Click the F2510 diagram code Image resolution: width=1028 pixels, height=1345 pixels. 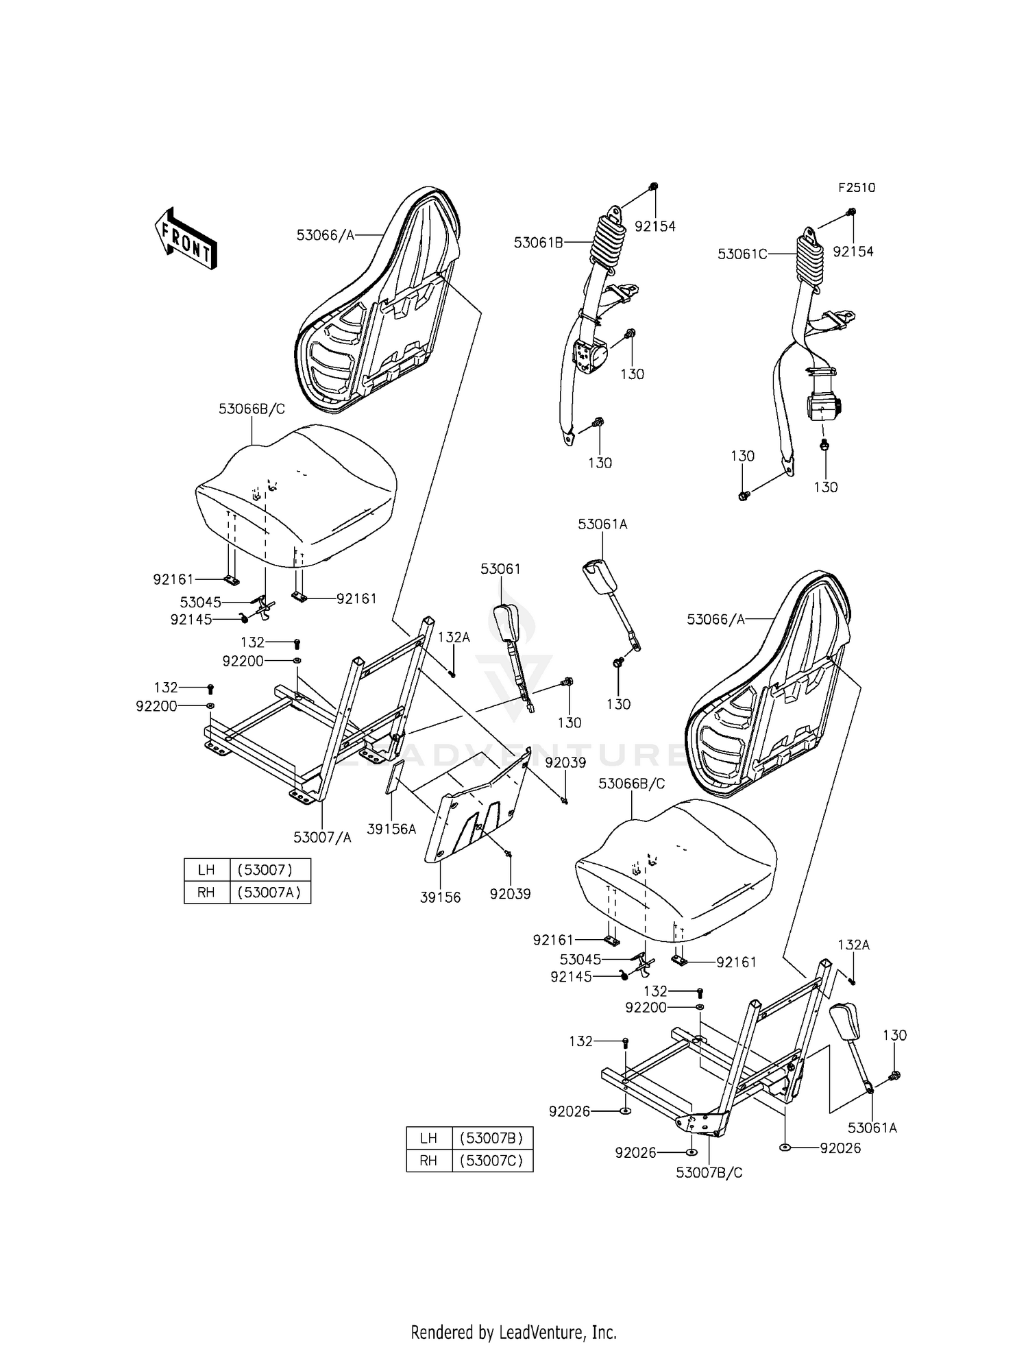point(856,188)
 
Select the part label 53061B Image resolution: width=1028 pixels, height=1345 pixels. point(539,242)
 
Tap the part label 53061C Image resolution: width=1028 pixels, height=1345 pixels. point(742,254)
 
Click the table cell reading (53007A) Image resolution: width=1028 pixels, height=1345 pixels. point(269,893)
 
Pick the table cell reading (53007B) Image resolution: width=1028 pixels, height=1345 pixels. point(492,1138)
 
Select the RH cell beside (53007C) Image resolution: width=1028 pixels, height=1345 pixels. point(429,1161)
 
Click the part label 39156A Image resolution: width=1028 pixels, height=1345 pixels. point(391,829)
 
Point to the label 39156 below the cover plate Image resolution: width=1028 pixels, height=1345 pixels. point(440,897)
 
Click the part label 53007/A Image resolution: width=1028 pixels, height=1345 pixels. point(322,838)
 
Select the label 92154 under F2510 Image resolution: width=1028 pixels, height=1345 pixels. point(853,252)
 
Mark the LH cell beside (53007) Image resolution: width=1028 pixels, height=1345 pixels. point(206,870)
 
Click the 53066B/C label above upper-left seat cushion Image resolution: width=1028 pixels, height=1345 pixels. point(252,409)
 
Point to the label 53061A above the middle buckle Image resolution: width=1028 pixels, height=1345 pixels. point(602,524)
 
